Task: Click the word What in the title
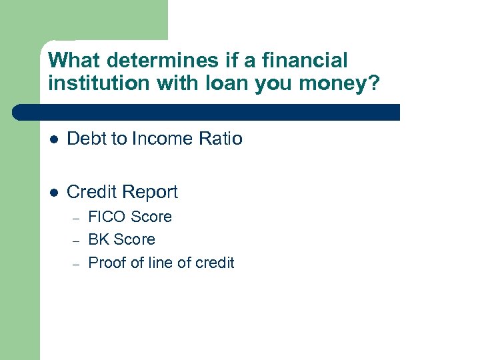point(74,61)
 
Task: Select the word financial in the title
point(305,61)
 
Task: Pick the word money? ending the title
point(344,85)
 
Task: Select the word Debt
point(86,139)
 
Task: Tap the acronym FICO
point(107,217)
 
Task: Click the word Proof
point(107,263)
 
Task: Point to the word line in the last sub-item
point(162,263)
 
